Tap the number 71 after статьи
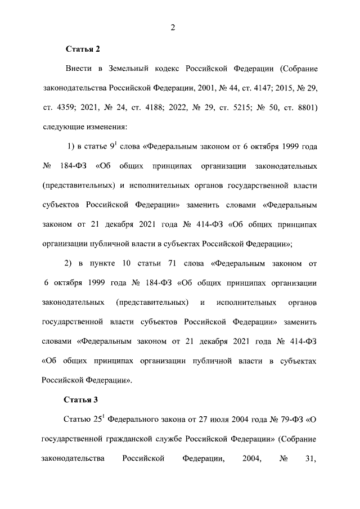(188, 264)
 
